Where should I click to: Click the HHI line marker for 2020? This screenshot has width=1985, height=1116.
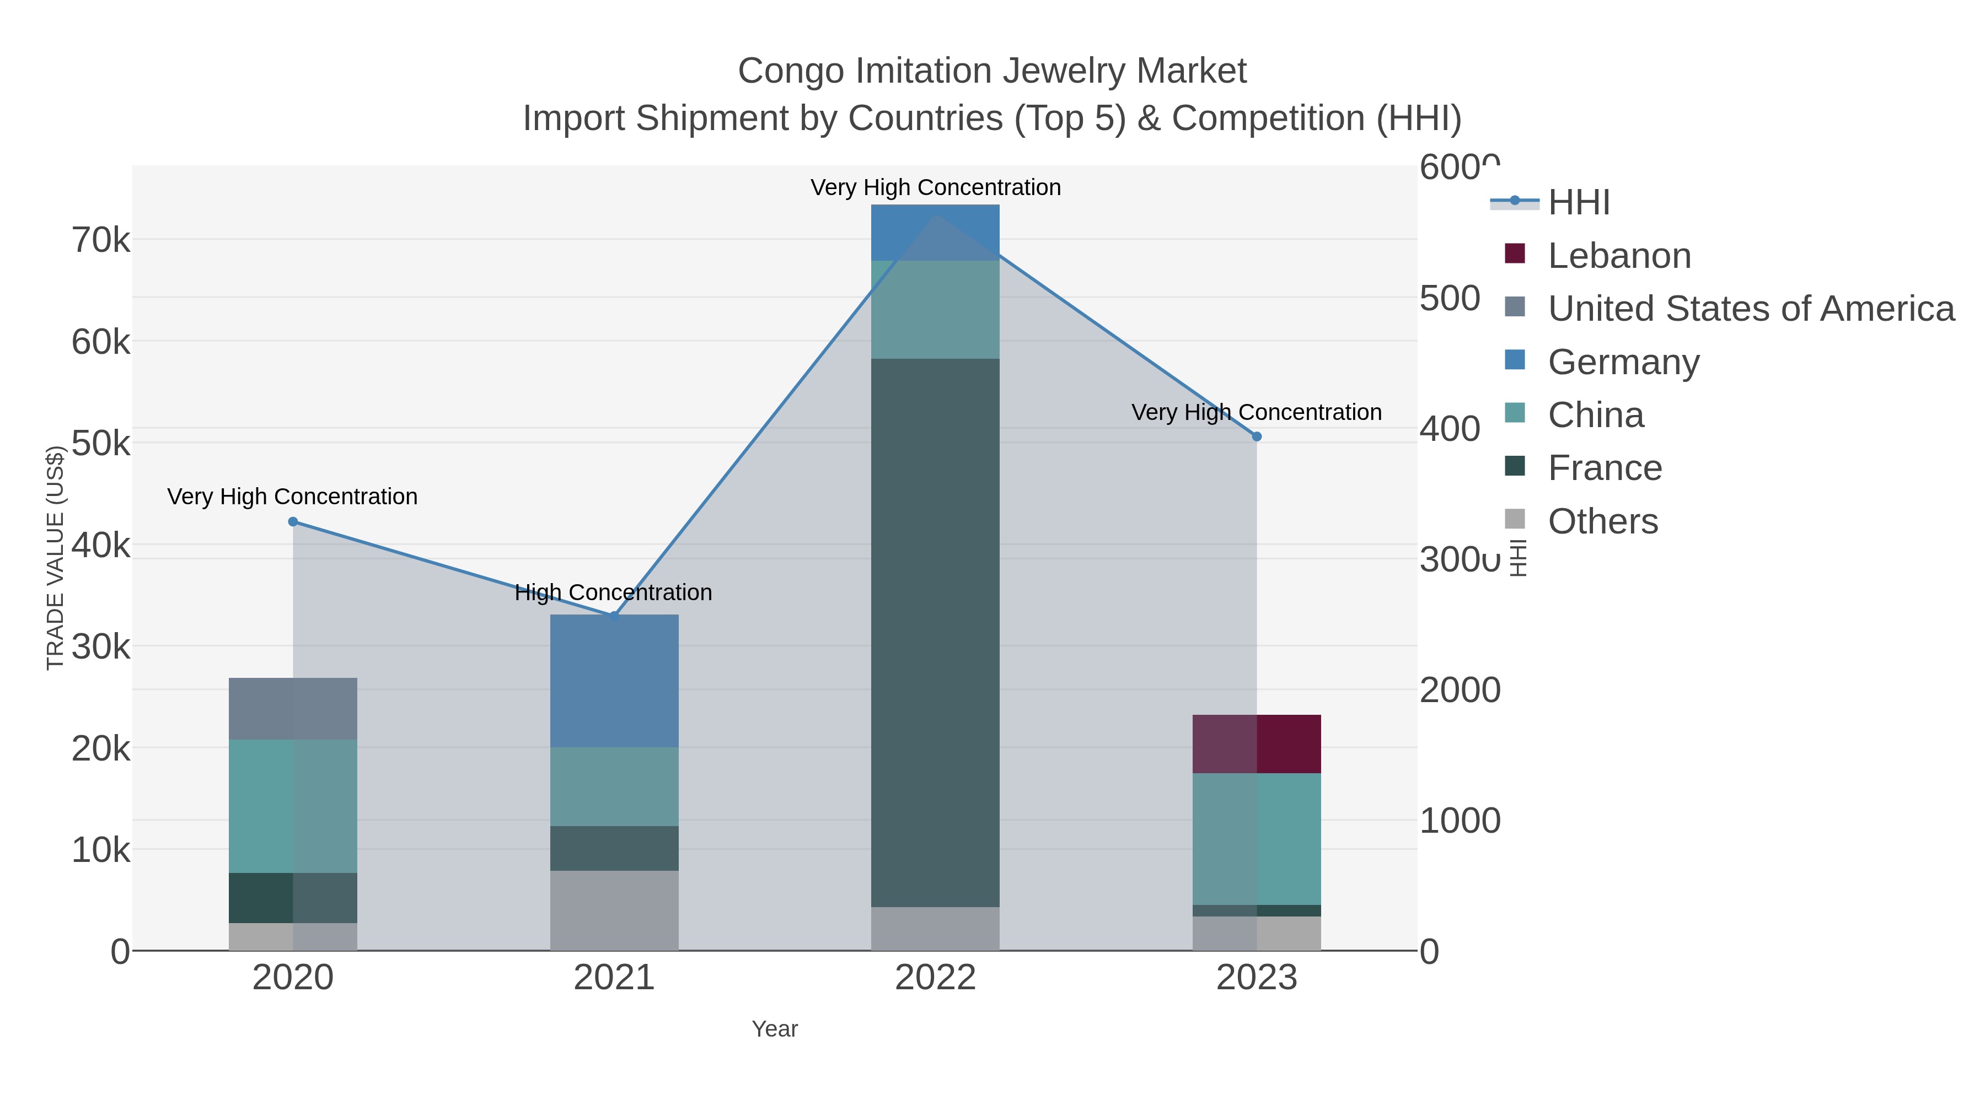tap(293, 521)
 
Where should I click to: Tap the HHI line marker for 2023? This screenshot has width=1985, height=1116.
tap(1256, 436)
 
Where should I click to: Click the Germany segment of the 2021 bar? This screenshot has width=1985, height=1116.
tap(614, 681)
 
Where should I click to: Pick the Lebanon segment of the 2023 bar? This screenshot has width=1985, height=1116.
tap(1256, 743)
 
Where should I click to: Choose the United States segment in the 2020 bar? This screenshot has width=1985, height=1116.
tap(293, 709)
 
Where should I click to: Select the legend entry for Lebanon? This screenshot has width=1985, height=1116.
tap(1619, 256)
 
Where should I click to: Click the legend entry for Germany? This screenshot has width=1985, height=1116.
tap(1623, 362)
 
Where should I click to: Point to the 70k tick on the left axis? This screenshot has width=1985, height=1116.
tap(101, 240)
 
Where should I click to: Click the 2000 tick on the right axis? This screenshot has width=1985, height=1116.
tap(1460, 690)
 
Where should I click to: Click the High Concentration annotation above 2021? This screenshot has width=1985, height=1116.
tap(613, 592)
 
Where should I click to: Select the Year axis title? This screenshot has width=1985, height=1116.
tap(775, 1029)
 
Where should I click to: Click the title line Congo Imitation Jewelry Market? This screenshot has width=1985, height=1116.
tap(992, 71)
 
